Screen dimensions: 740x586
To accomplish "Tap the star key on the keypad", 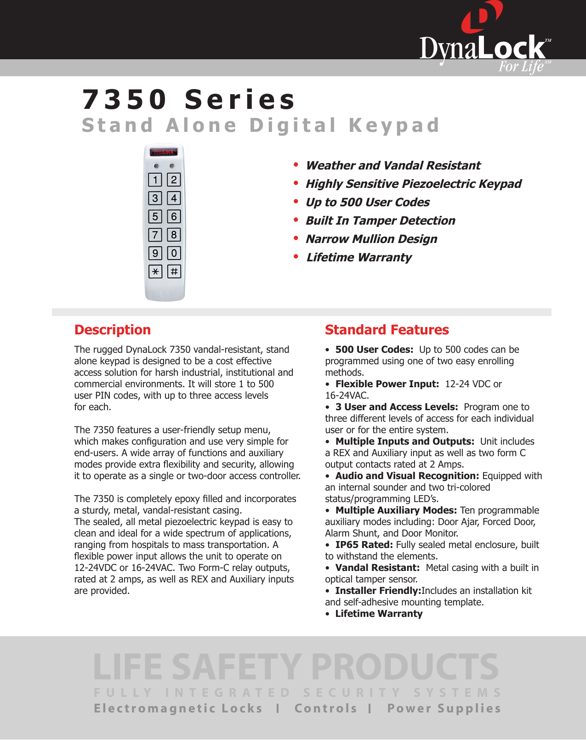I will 155,271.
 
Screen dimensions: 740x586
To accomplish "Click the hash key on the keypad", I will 174,271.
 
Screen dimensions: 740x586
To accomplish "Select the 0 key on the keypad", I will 174,253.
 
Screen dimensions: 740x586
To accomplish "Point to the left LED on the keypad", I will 156,166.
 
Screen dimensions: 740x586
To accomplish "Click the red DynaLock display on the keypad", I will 164,152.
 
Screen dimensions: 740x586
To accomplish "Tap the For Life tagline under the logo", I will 521,67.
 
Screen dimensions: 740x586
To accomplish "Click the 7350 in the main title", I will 125,99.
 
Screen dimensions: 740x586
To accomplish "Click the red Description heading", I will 113,330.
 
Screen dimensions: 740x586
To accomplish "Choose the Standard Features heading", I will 387,330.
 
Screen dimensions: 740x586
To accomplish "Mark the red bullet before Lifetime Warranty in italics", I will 296,256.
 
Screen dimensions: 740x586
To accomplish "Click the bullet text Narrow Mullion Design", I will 371,239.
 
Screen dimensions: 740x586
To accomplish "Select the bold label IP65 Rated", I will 364,545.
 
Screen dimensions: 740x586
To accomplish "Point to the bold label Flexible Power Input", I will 387,384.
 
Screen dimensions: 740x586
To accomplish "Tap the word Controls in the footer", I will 326,708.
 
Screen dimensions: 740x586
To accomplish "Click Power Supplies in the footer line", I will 444,708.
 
